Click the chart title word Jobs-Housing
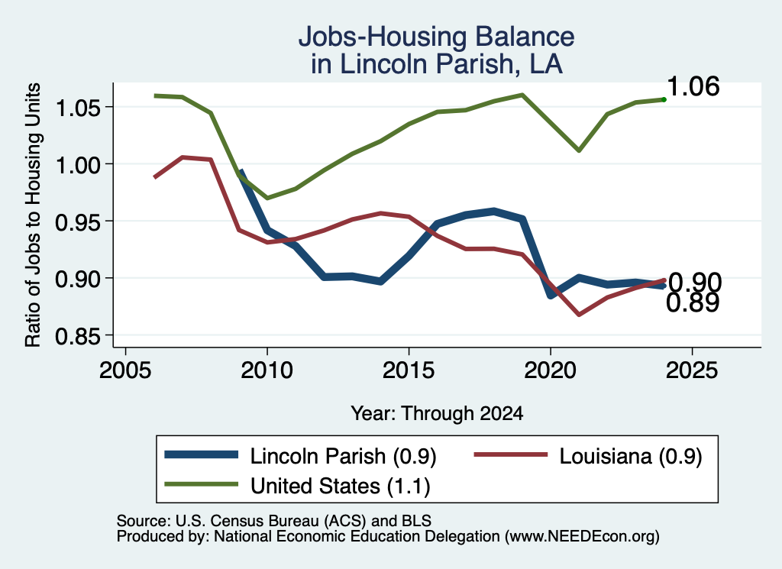coord(383,37)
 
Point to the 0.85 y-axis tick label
coord(77,336)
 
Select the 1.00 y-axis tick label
coord(77,165)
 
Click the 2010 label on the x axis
coord(267,370)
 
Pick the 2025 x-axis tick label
coord(692,370)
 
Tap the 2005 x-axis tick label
coord(125,370)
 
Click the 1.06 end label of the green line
coord(693,87)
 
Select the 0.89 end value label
coord(693,302)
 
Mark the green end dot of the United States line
coord(664,100)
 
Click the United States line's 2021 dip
coord(579,150)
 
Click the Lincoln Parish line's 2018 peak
coord(494,212)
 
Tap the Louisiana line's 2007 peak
coord(183,157)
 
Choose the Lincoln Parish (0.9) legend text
coord(343,456)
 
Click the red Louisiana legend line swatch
coord(510,454)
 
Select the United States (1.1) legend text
coord(340,487)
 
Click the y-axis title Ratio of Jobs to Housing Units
coord(33,215)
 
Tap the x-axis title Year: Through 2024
coord(437,413)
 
